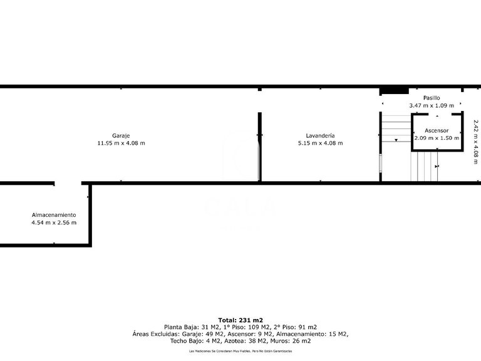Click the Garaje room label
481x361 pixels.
[121, 135]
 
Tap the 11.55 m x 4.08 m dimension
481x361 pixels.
[121, 143]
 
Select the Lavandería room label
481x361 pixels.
[320, 135]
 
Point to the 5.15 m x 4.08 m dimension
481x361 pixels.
[320, 143]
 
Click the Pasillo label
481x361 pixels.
[431, 98]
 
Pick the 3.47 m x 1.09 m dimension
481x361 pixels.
[431, 106]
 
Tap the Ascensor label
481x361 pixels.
[437, 130]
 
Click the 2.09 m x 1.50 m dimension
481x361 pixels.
[437, 138]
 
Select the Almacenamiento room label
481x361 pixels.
[54, 214]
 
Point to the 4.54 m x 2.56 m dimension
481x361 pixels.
[54, 222]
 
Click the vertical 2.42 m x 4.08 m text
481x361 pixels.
[476, 138]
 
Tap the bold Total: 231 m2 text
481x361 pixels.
[240, 320]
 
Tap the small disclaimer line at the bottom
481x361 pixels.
[240, 351]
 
